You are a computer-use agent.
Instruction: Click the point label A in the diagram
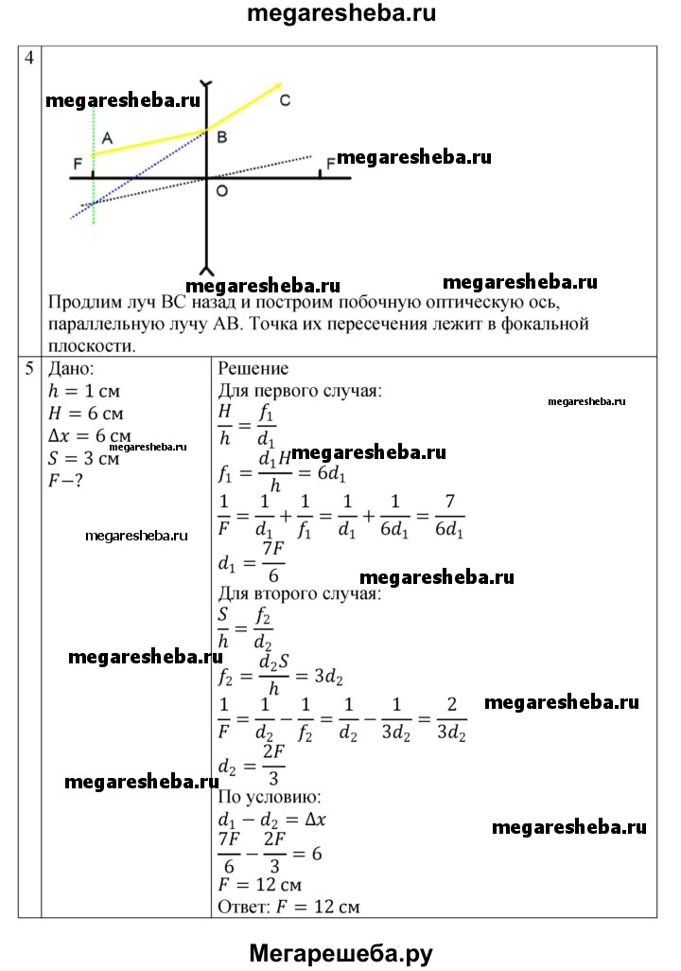click(107, 138)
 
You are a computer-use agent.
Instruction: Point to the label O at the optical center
click(221, 191)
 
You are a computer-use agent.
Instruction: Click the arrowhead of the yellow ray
click(278, 85)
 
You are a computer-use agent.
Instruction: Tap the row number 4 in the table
click(29, 58)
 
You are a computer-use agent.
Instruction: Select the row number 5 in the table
click(29, 369)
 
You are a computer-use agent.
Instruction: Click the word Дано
click(71, 369)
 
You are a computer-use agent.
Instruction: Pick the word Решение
click(253, 369)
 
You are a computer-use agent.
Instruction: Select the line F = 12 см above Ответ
click(260, 886)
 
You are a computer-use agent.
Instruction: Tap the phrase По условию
click(270, 796)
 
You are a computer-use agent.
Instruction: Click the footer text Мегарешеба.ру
click(340, 953)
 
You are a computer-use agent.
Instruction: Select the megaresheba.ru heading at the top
click(341, 14)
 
